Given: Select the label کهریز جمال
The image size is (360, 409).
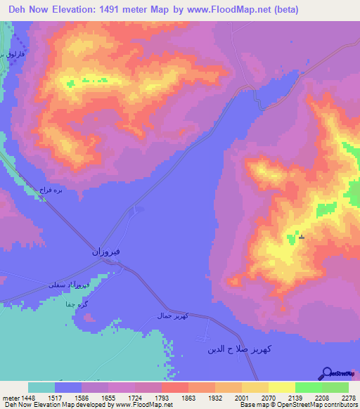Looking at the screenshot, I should [x=171, y=317].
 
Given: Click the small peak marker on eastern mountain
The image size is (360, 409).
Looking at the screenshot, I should [x=302, y=238].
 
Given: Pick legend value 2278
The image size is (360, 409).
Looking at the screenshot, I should [x=349, y=398].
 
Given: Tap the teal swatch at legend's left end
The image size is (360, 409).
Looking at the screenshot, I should [x=41, y=387].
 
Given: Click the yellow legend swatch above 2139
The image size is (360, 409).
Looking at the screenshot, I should [x=282, y=387].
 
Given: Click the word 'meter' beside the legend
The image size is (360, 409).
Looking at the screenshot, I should [x=9, y=398].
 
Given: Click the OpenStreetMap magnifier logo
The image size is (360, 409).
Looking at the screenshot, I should [x=326, y=373].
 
